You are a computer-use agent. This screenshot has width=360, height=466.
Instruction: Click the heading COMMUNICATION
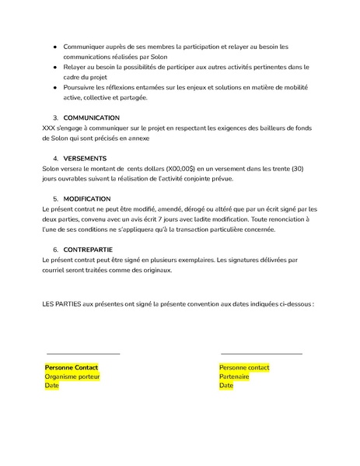click(92, 117)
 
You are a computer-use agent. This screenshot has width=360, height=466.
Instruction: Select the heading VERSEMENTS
click(86, 158)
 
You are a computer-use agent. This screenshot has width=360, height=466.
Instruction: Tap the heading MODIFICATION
click(87, 199)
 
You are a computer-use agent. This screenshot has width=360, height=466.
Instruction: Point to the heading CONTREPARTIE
click(89, 250)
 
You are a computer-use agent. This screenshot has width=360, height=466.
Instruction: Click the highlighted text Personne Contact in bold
click(72, 367)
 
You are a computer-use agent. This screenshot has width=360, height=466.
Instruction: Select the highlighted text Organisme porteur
click(72, 377)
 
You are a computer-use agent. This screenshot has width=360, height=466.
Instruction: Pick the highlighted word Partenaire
click(234, 377)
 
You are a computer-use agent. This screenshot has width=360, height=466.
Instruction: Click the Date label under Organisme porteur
click(52, 386)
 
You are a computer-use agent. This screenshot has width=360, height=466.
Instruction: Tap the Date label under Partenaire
click(226, 386)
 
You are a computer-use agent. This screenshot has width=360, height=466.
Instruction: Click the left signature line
click(83, 354)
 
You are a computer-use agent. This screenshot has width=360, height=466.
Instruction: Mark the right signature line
click(261, 354)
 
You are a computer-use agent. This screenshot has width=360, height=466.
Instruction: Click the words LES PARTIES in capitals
click(61, 304)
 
